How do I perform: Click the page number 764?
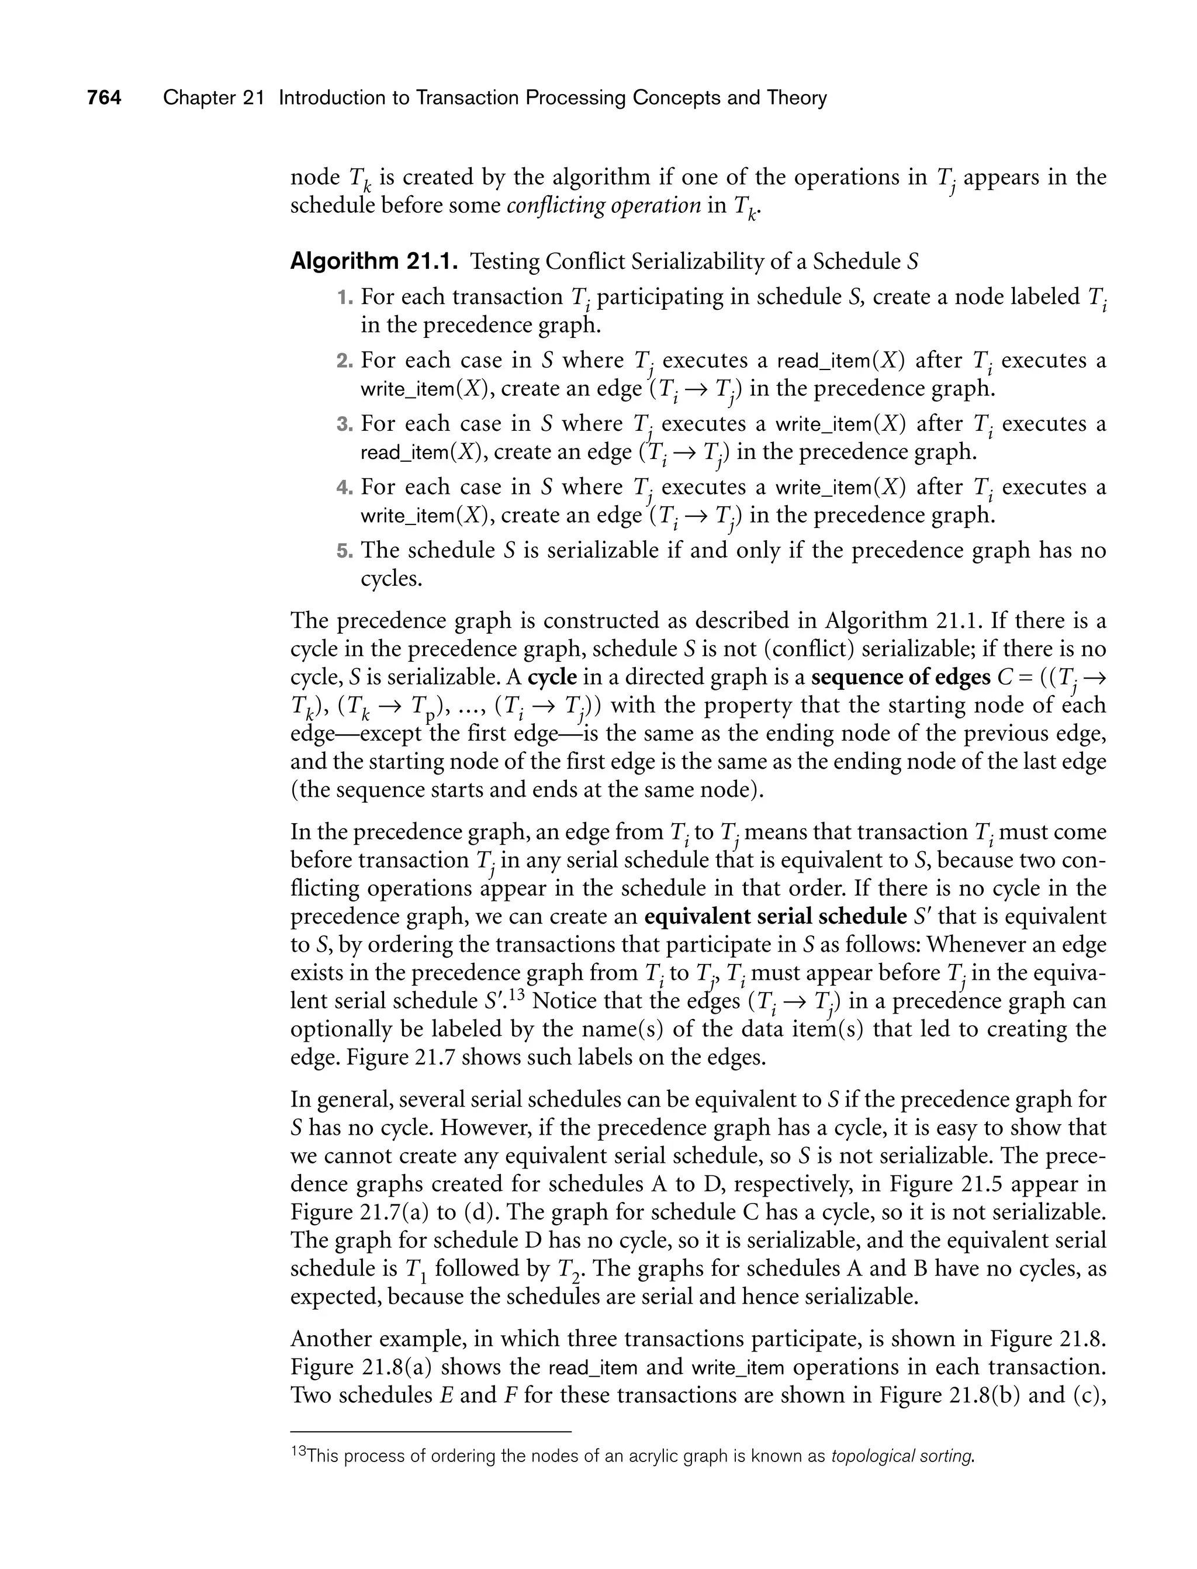(104, 98)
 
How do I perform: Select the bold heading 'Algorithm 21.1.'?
(373, 261)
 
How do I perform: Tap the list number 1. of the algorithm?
(345, 297)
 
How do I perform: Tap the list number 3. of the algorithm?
(345, 424)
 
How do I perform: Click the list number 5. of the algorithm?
(345, 551)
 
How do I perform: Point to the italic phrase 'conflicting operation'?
(604, 205)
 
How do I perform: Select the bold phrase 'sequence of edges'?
(901, 677)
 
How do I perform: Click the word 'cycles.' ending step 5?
(391, 579)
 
